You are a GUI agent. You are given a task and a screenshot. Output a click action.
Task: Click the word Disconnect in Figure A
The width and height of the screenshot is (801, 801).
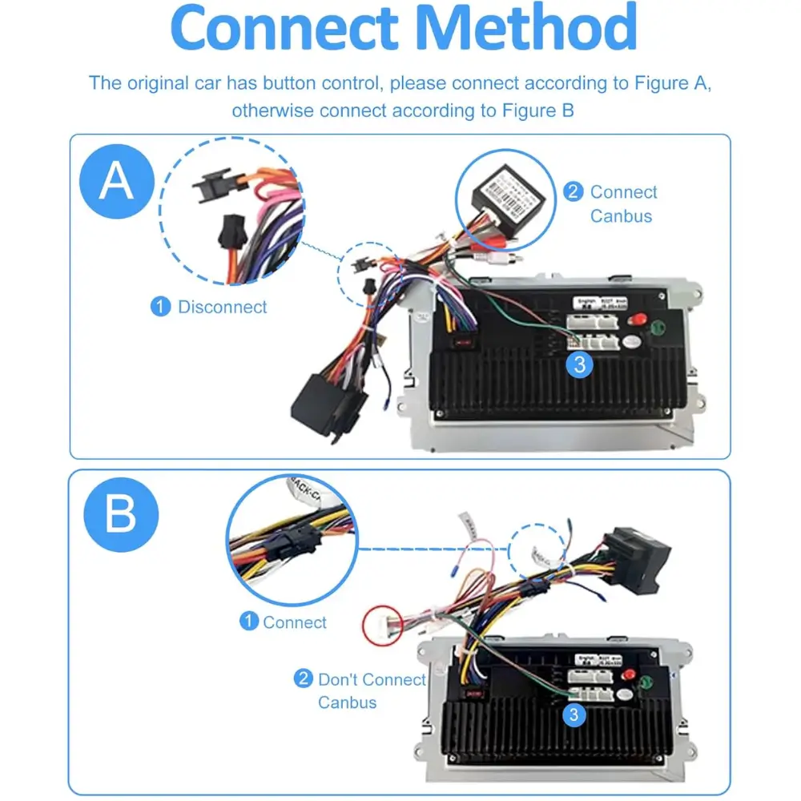coord(222,307)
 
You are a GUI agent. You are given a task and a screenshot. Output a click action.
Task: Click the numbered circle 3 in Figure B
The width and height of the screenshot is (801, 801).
coord(574,715)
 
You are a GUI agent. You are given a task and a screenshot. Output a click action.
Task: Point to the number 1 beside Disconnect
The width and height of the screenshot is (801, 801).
coord(161,307)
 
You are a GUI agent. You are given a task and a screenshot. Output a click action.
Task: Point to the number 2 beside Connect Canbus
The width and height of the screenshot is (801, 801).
coord(574,192)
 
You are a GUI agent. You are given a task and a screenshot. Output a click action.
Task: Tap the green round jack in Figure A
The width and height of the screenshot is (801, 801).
coord(658,328)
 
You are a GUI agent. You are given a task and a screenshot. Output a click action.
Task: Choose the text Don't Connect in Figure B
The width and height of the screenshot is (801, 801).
coord(372,680)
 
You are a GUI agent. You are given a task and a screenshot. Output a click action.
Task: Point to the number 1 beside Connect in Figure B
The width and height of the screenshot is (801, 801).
coord(250,622)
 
